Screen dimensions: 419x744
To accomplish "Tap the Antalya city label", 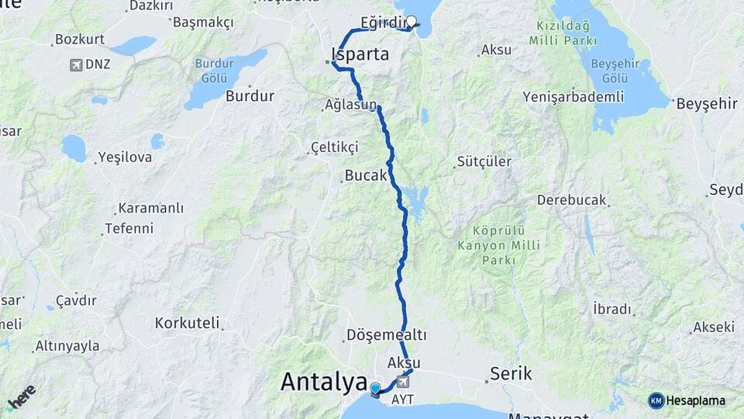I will (x=323, y=382).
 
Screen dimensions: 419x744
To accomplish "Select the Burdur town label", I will (x=250, y=96).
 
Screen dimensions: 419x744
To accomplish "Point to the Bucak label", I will (x=365, y=176).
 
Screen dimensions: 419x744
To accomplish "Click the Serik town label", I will (x=511, y=374).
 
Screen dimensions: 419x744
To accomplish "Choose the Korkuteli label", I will (x=187, y=322).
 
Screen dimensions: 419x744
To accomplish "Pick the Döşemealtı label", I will (x=387, y=335).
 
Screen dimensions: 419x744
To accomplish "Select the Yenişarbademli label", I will (x=573, y=96).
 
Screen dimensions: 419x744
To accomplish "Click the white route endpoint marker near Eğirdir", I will (x=412, y=22).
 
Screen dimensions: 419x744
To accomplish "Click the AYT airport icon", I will (x=403, y=382).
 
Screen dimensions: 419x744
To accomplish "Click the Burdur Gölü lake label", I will (x=213, y=71).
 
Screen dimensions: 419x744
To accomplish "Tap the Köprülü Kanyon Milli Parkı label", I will (x=499, y=245).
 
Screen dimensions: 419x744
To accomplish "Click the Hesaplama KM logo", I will (x=687, y=400).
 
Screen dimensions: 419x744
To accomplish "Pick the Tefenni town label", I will (x=129, y=229).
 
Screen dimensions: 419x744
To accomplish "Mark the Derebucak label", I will (x=571, y=199).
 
